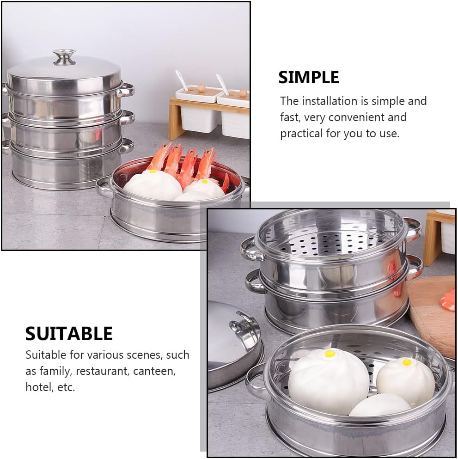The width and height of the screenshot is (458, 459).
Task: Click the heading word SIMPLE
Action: click(x=308, y=78)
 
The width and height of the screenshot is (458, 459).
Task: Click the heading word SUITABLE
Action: click(x=69, y=334)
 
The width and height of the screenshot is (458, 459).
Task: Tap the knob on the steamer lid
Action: click(x=64, y=57)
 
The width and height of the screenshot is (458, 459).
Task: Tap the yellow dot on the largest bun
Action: click(x=330, y=354)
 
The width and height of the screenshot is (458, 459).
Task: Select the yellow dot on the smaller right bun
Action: click(x=406, y=362)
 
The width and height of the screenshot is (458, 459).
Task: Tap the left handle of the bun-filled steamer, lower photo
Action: click(x=256, y=381)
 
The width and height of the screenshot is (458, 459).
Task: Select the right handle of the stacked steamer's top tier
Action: click(x=125, y=90)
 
